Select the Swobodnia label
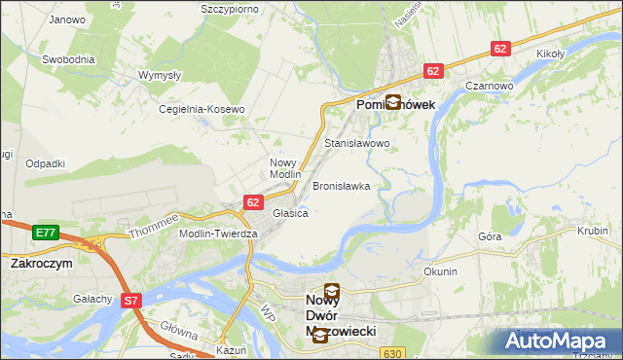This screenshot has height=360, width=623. click(x=68, y=59)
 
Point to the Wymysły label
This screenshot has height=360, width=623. click(x=158, y=75)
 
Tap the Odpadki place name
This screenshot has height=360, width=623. click(x=46, y=163)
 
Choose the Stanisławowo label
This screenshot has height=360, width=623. click(x=356, y=143)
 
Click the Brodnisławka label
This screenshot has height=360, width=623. click(x=341, y=185)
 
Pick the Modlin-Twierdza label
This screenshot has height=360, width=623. click(x=218, y=234)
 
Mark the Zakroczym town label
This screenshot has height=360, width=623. click(x=42, y=263)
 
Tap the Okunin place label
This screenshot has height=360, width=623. click(x=440, y=271)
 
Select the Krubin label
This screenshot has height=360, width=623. click(x=592, y=233)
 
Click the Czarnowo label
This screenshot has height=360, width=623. click(x=489, y=86)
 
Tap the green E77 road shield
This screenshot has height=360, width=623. click(x=45, y=233)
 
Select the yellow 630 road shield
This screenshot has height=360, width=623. click(x=392, y=353)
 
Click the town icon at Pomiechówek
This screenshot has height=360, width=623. click(x=392, y=101)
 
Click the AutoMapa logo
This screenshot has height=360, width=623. click(x=559, y=342)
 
